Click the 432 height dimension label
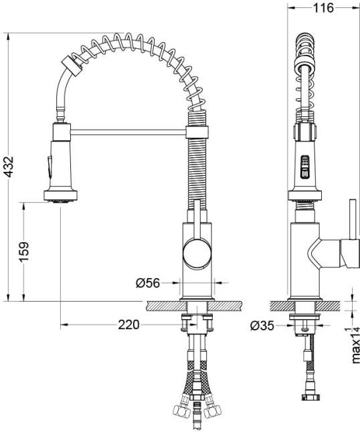(9, 167)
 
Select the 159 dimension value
(24, 252)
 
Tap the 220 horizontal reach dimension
(129, 325)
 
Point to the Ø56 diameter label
(148, 283)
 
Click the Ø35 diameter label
(262, 326)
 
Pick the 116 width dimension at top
(323, 8)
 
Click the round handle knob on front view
(197, 253)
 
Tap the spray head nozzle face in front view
(61, 201)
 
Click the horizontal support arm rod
(128, 132)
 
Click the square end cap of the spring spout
(72, 66)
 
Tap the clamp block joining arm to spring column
(197, 132)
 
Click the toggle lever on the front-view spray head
(50, 167)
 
